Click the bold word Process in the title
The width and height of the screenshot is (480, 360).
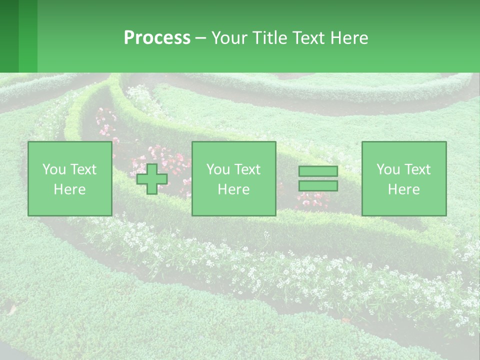coord(157,38)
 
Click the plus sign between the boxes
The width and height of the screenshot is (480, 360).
coord(152,178)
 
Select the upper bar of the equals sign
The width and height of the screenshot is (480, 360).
coord(318,171)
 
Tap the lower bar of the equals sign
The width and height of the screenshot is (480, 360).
coord(318,186)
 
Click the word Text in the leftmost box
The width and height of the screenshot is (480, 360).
coord(84,169)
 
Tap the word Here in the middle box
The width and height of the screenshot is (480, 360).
coord(234,189)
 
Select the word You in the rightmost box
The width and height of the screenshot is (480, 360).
coord(388,169)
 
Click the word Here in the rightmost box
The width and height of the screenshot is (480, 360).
coord(404,189)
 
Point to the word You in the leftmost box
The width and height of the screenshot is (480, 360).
coord(54,169)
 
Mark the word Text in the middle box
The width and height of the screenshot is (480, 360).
coord(248,169)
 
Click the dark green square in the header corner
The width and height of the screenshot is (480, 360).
coord(9,36)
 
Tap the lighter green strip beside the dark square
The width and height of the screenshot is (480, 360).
coord(28,36)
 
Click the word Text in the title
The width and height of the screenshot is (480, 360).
coord(309,38)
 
